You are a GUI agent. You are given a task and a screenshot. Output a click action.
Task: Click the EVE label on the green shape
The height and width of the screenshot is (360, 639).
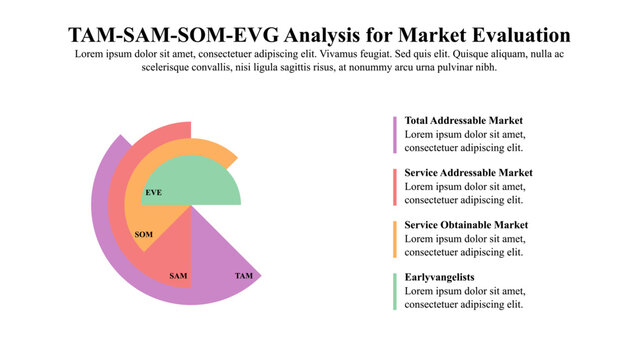click(153, 191)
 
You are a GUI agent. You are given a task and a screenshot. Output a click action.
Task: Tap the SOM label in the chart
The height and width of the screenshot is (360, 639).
click(143, 234)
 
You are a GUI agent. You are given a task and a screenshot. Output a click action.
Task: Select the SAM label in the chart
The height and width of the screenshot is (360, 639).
click(178, 275)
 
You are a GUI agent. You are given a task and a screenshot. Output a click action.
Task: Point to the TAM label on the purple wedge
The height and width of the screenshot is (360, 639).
click(244, 275)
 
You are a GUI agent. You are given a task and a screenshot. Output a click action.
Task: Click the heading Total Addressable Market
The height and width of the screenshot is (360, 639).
click(464, 120)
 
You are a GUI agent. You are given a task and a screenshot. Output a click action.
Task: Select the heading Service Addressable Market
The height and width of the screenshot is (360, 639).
click(468, 172)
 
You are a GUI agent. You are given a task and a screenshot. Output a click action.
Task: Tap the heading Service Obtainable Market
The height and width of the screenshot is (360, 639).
click(466, 224)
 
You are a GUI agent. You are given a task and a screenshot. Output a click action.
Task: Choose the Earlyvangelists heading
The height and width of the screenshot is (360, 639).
click(439, 277)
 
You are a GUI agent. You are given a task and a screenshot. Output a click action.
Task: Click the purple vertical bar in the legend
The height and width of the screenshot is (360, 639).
click(395, 134)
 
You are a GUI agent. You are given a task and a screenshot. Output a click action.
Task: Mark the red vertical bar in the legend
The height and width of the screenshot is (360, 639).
click(395, 186)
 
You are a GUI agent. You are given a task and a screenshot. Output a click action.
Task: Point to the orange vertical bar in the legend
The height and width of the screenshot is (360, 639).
click(395, 238)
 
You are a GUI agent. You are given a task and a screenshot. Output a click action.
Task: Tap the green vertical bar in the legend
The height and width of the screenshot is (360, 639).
click(395, 290)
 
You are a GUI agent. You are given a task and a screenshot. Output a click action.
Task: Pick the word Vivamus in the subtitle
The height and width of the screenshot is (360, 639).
click(367, 54)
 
